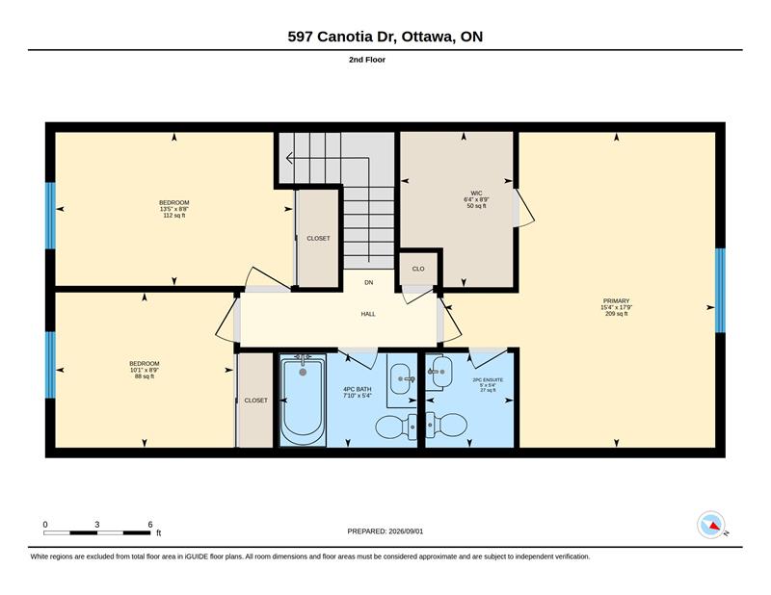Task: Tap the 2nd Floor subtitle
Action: (x=367, y=60)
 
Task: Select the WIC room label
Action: (x=476, y=194)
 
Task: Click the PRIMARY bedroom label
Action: (x=616, y=300)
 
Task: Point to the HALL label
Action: (x=368, y=314)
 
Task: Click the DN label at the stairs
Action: (x=369, y=282)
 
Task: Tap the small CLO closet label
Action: (x=418, y=269)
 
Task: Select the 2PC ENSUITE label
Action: (x=488, y=379)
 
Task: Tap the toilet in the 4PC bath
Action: (x=396, y=427)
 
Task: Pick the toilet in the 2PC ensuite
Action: (x=446, y=425)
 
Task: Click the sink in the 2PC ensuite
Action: (x=439, y=373)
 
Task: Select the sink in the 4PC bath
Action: (x=402, y=378)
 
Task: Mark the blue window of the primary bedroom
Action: (x=720, y=290)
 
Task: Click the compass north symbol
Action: (x=712, y=526)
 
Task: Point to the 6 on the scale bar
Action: (x=150, y=525)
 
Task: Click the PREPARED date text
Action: (x=385, y=531)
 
